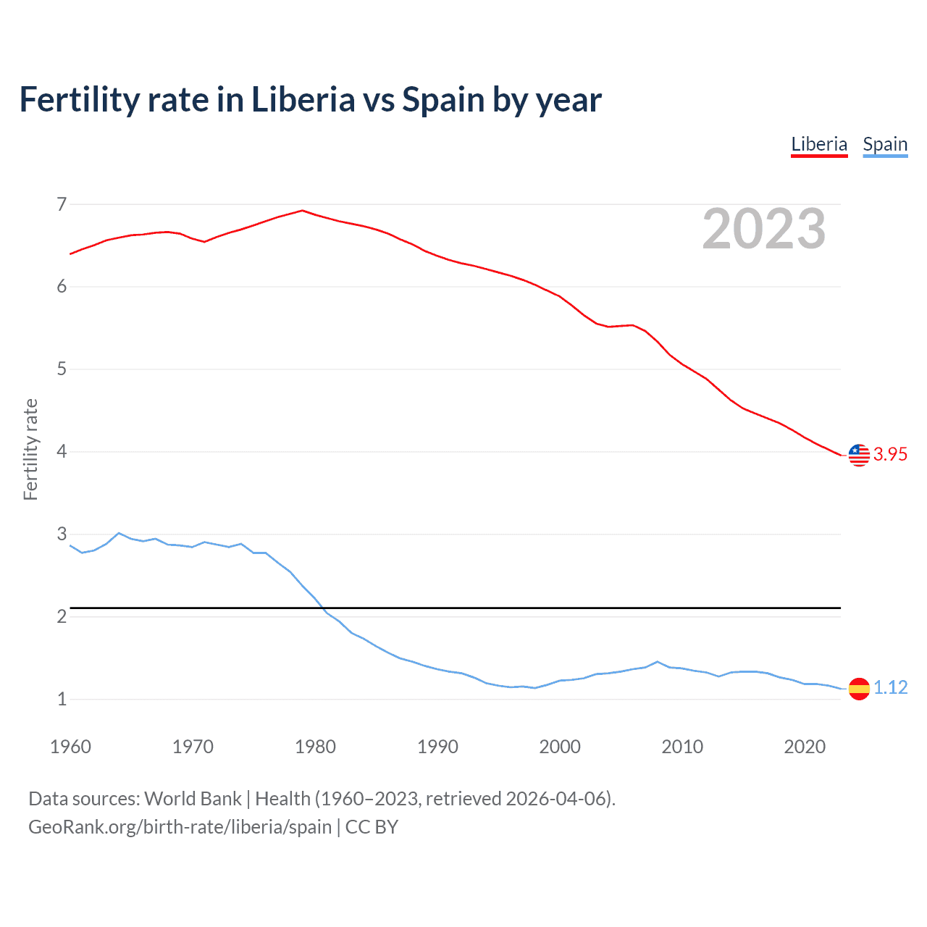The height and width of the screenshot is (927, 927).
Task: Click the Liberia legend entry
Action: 818,144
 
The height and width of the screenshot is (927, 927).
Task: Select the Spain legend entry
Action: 885,144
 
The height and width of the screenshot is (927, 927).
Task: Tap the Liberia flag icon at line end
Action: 859,455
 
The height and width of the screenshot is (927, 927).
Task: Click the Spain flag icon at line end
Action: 859,688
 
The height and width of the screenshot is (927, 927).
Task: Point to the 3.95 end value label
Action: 890,454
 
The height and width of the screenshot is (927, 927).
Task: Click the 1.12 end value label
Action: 890,687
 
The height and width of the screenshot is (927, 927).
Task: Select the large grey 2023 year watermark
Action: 763,229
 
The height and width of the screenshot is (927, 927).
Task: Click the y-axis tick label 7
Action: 62,204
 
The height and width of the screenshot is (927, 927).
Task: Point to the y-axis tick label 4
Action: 62,452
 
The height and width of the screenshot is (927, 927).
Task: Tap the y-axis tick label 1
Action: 62,700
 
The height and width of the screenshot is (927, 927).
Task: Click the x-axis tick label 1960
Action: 70,747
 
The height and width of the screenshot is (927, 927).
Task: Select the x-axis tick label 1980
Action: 315,747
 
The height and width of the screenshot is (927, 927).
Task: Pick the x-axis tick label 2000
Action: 560,747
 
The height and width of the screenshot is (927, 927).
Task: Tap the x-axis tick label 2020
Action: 805,747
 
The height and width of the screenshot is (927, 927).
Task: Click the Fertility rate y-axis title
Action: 30,449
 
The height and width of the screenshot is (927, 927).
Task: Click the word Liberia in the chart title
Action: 303,100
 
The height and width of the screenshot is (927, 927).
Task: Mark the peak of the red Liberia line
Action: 303,211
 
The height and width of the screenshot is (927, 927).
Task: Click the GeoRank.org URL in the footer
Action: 180,827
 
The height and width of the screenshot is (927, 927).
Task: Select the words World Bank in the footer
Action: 193,799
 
